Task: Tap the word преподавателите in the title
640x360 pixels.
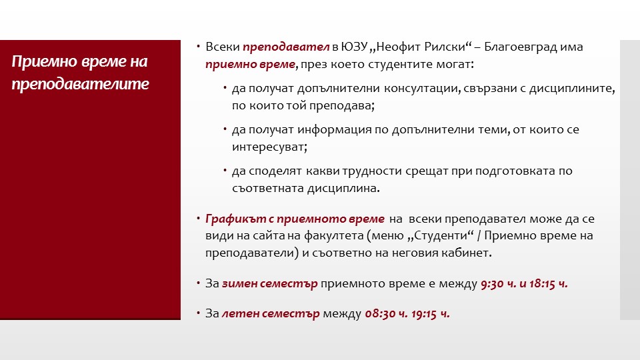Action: [80, 84]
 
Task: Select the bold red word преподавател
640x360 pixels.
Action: [286, 47]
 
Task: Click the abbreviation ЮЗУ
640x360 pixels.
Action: [354, 47]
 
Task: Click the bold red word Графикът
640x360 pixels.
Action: [235, 219]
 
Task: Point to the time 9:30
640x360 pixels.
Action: [492, 284]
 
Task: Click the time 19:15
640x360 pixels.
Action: [424, 314]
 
